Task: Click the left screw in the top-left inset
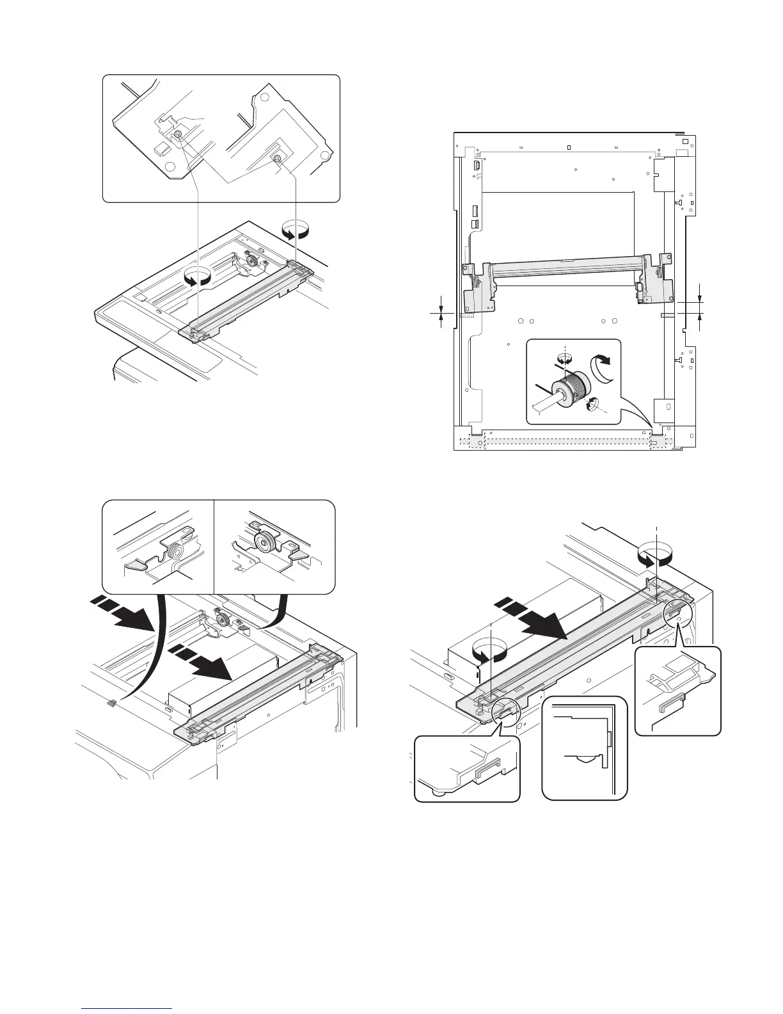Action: point(178,133)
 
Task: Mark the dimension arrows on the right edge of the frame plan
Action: point(700,306)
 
